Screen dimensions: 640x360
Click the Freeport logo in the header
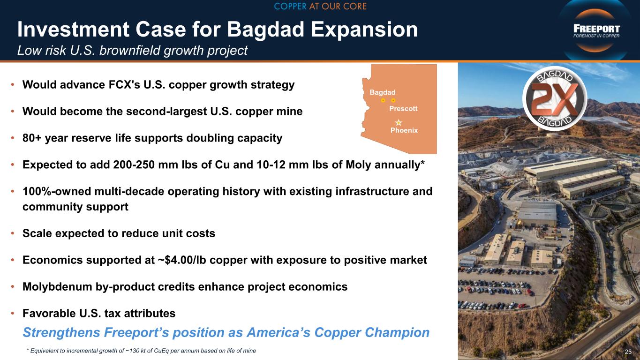(x=596, y=31)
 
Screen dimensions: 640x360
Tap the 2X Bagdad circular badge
(x=555, y=98)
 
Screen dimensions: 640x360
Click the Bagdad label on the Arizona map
(x=383, y=92)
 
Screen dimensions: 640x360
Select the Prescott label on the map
(x=403, y=109)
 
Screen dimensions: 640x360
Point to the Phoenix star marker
(x=399, y=122)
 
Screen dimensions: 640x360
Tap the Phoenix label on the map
(x=404, y=130)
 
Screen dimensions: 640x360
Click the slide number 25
(x=628, y=352)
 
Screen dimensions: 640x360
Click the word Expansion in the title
(x=364, y=30)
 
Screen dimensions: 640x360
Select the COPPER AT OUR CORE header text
(x=320, y=6)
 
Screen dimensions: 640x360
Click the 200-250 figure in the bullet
(x=134, y=165)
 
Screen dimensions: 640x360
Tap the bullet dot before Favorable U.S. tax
(x=13, y=314)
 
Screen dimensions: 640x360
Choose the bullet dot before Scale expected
(x=13, y=233)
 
